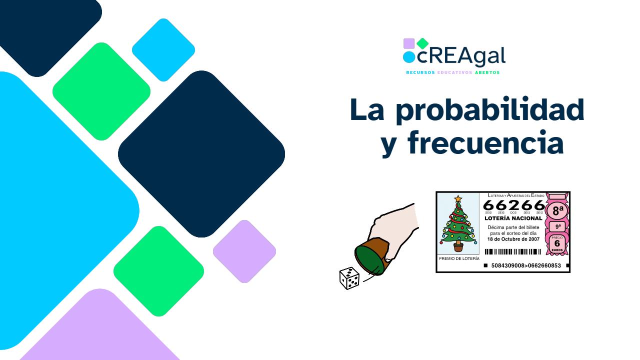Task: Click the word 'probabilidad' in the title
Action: [x=490, y=110]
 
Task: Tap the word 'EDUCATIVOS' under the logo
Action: [x=454, y=72]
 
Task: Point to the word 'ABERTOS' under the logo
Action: [x=487, y=72]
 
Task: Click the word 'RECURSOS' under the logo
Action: [x=420, y=72]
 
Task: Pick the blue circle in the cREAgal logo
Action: [x=409, y=57]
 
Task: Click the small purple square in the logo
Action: [x=408, y=43]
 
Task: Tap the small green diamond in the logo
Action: [x=422, y=43]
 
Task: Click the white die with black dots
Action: [x=349, y=278]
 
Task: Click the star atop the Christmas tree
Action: [x=457, y=198]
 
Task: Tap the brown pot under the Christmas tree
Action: [x=458, y=246]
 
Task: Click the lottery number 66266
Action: [x=513, y=205]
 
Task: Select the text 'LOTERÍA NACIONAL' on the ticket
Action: [x=513, y=218]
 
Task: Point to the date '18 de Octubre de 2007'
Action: [x=513, y=239]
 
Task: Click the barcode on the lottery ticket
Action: [x=513, y=252]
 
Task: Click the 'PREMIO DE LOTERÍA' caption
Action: [x=458, y=258]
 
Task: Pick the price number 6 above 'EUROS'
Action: [x=557, y=243]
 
